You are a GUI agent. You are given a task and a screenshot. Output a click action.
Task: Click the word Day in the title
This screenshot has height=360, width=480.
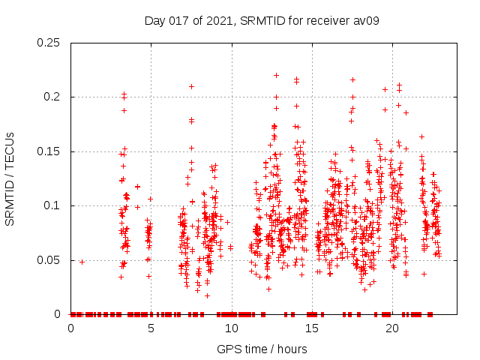(154, 20)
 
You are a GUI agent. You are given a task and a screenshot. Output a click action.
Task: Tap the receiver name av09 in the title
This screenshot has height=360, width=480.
(366, 20)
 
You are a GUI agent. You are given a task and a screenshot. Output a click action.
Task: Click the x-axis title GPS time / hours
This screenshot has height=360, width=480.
(263, 349)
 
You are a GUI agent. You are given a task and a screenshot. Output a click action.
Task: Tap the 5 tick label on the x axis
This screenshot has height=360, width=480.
(151, 328)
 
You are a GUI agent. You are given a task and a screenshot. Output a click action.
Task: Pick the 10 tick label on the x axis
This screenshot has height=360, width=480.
(231, 328)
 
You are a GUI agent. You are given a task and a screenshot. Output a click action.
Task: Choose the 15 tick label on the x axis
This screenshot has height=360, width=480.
(311, 328)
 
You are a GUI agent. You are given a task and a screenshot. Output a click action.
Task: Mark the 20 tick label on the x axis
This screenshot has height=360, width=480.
(391, 328)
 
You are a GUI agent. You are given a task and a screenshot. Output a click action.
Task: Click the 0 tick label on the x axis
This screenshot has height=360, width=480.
(70, 328)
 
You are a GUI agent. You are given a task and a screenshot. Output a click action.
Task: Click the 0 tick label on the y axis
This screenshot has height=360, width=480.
(61, 314)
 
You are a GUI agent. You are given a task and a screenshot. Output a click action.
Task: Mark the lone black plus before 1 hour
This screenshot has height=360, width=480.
(82, 261)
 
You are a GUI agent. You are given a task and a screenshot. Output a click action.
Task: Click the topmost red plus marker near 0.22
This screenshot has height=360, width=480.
(276, 75)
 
